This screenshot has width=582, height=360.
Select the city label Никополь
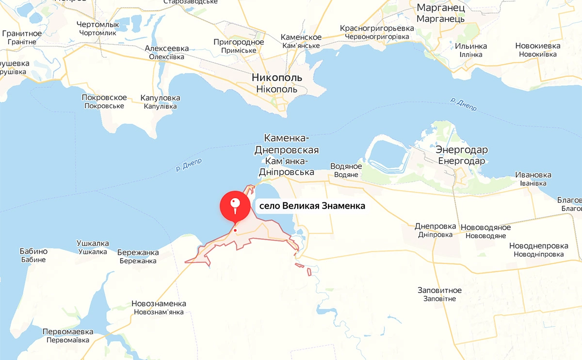click(x=277, y=78)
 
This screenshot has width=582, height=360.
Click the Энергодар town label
click(x=461, y=149)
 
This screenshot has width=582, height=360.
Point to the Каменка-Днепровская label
click(x=286, y=144)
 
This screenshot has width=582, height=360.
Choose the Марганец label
click(x=441, y=8)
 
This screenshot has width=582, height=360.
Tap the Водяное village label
click(x=346, y=166)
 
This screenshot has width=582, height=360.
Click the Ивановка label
click(x=533, y=175)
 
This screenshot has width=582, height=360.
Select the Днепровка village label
click(x=436, y=226)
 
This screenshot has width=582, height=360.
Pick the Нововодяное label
click(x=485, y=228)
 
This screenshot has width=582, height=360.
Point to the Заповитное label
click(x=439, y=291)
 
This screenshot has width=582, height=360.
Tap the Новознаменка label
click(x=159, y=304)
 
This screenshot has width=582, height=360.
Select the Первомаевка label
click(x=68, y=332)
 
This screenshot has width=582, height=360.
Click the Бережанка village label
click(x=138, y=252)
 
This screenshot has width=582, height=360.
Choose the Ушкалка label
click(x=93, y=244)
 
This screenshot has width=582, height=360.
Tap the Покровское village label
click(x=104, y=98)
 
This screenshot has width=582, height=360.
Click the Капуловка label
click(x=160, y=98)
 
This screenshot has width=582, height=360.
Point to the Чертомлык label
click(x=98, y=25)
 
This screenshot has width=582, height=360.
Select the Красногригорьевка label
click(x=377, y=28)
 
